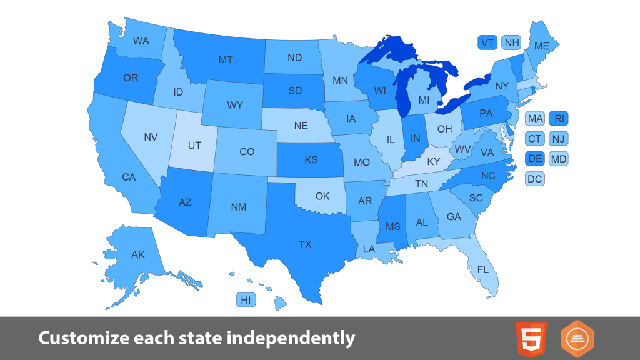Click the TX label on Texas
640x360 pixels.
point(305,245)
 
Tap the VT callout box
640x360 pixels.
point(487,42)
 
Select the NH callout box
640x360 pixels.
point(512,42)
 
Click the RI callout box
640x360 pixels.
point(559,118)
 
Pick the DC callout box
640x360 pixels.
point(534,179)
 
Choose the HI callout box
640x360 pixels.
point(246,301)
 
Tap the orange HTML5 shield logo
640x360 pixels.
point(531,339)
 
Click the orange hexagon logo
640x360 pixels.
point(577,339)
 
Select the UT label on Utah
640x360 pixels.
point(194,145)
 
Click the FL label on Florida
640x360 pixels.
point(482,270)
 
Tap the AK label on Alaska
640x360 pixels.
point(138,255)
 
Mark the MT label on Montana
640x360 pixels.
point(226,60)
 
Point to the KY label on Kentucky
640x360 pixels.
point(433,161)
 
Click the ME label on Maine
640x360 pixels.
point(542,46)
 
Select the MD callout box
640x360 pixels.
point(559,159)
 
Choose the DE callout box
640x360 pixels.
point(535,159)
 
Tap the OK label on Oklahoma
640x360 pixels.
point(322,196)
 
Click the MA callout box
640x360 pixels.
point(535,118)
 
